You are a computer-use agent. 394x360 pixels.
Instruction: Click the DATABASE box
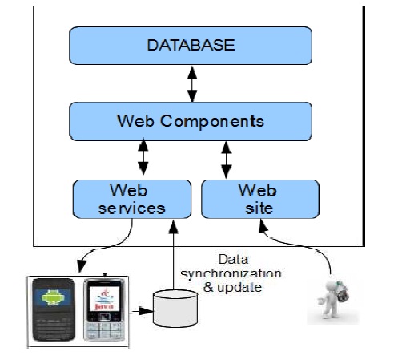click(191, 46)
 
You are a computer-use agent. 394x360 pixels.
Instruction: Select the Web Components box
click(191, 121)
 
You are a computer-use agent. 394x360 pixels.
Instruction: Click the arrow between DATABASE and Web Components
click(191, 83)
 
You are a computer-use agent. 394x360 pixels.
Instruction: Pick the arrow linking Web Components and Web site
click(226, 159)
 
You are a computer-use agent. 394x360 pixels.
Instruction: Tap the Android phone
click(54, 309)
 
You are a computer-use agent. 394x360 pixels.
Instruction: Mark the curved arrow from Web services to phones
click(104, 249)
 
